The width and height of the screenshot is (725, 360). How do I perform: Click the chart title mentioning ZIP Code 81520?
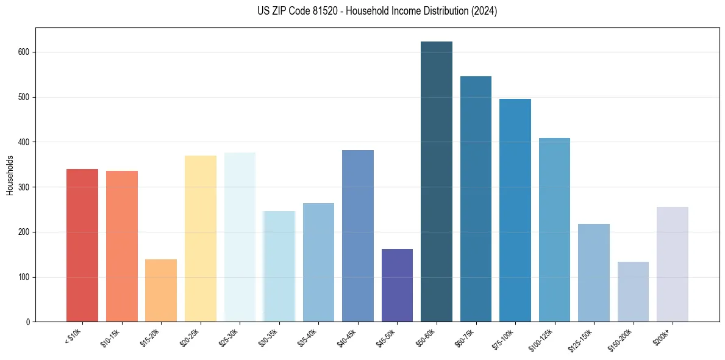[x=362, y=11]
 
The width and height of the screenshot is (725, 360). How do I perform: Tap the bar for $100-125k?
[x=554, y=229]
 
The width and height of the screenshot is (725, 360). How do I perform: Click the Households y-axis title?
[x=10, y=175]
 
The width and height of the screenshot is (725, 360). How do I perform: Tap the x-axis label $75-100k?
[x=504, y=338]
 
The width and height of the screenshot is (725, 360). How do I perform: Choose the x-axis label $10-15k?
[x=111, y=337]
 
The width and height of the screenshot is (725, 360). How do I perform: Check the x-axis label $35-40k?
[x=308, y=337]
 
